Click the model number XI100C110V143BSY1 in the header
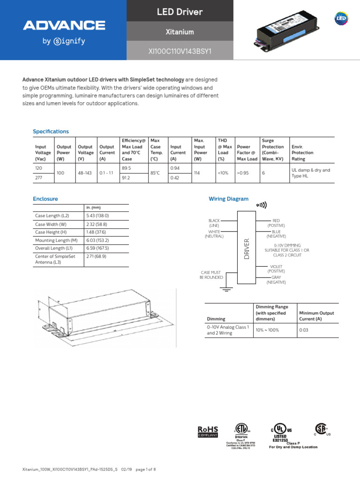point(180,51)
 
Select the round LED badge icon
point(341,18)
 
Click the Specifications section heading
point(51,131)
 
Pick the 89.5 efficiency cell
point(126,168)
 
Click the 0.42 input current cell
point(175,178)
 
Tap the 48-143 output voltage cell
point(85,173)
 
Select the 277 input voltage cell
point(39,178)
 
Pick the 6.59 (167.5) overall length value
point(97,248)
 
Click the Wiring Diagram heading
point(228,199)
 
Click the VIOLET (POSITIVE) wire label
point(276,269)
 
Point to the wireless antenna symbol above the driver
point(261,205)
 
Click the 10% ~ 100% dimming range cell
point(267,330)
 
